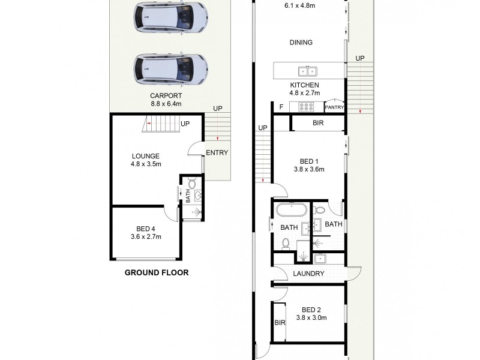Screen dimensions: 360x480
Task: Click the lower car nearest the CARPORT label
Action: click(x=171, y=70)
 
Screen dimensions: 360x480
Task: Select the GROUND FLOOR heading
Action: click(x=156, y=272)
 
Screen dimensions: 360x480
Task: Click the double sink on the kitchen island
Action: click(x=308, y=70)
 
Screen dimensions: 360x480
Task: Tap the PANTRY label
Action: click(x=334, y=107)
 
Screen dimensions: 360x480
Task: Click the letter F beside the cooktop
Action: click(x=281, y=107)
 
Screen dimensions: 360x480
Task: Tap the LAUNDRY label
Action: click(x=309, y=274)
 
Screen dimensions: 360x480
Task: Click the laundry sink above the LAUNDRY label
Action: click(x=320, y=259)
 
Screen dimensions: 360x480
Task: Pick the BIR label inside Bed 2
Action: click(x=279, y=322)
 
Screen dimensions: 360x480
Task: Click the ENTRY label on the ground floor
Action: click(x=217, y=152)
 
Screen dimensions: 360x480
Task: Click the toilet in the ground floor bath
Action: click(x=192, y=183)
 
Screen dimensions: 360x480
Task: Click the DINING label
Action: click(x=301, y=43)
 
